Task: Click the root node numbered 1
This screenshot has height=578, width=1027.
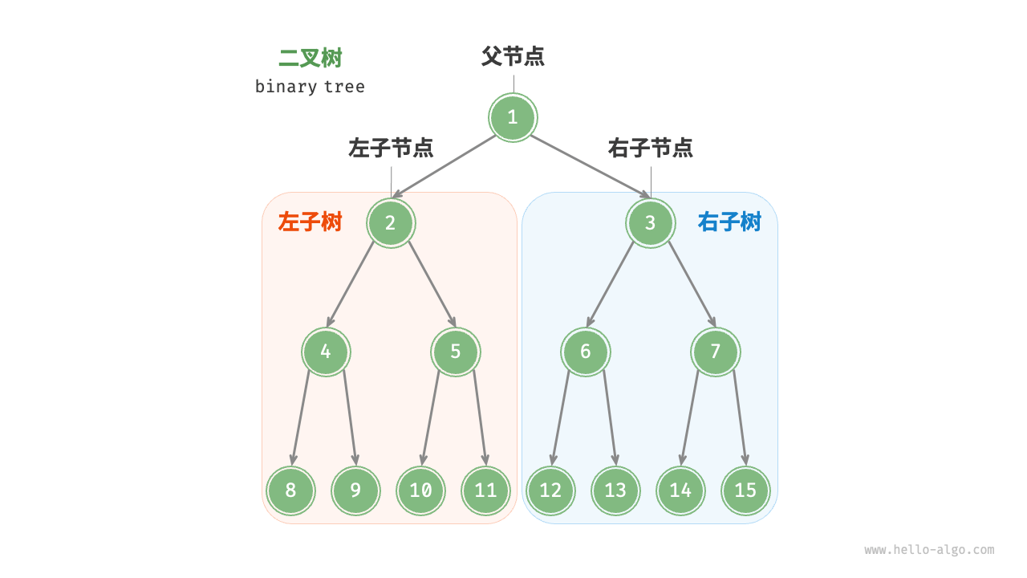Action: (513, 118)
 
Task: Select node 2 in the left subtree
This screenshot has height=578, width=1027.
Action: (391, 223)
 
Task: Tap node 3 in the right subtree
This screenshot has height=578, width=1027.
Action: (650, 223)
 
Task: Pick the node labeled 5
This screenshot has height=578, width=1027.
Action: (456, 352)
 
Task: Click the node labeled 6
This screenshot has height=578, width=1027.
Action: (586, 352)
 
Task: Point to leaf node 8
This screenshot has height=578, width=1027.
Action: (290, 490)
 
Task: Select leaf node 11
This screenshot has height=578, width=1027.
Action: (485, 490)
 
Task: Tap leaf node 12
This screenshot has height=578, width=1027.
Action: (550, 490)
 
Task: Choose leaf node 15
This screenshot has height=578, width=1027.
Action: (745, 490)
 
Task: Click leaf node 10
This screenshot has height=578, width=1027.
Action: (420, 490)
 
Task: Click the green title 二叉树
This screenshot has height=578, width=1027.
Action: (311, 59)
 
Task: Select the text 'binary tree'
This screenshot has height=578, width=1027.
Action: (310, 87)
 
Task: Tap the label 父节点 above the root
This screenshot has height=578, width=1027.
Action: (513, 56)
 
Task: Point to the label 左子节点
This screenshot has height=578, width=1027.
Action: (391, 148)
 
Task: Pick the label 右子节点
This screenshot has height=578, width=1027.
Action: (650, 148)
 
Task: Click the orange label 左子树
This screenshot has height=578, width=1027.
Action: (311, 222)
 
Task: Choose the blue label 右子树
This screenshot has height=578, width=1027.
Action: (729, 222)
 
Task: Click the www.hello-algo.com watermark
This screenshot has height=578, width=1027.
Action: (929, 550)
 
